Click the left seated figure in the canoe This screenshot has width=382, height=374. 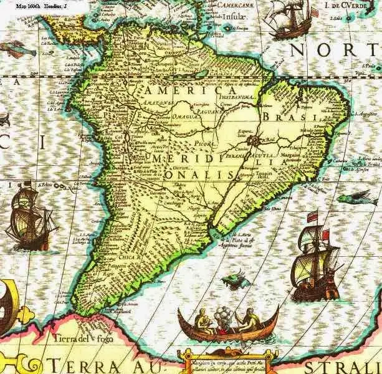point(201,320)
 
